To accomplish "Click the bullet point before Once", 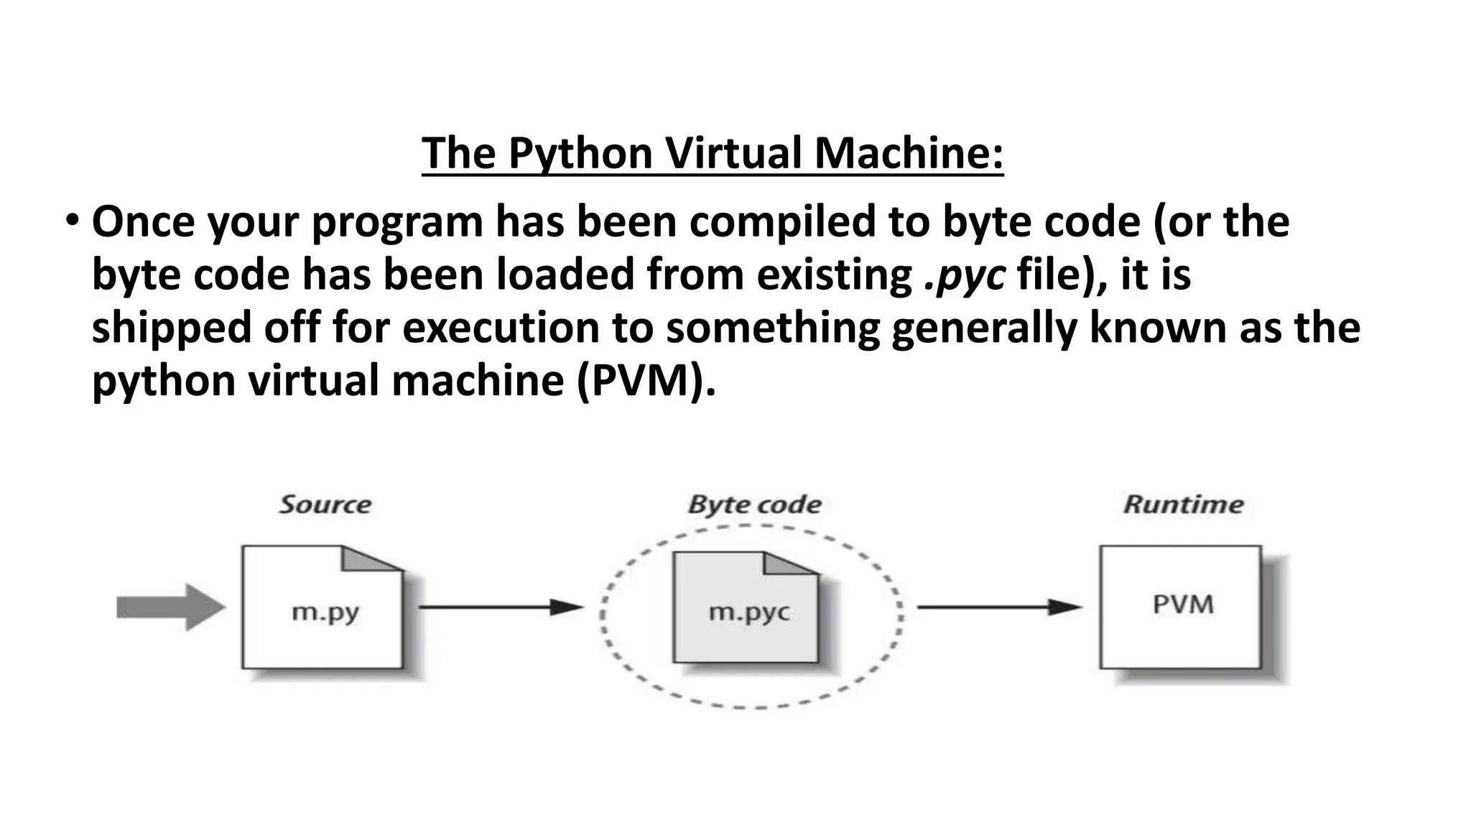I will coord(72,219).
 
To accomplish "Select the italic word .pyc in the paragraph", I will coord(964,275).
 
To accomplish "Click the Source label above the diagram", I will coord(325,505).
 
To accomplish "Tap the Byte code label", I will coord(754,505).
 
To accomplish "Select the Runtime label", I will coord(1183,505).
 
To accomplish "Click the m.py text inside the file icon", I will coord(325,612).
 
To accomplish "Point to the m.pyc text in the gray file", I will coord(748,612).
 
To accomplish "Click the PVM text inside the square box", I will coord(1183,604).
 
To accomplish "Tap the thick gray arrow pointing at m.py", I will coord(170,608).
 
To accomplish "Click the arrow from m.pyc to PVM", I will coord(998,608).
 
